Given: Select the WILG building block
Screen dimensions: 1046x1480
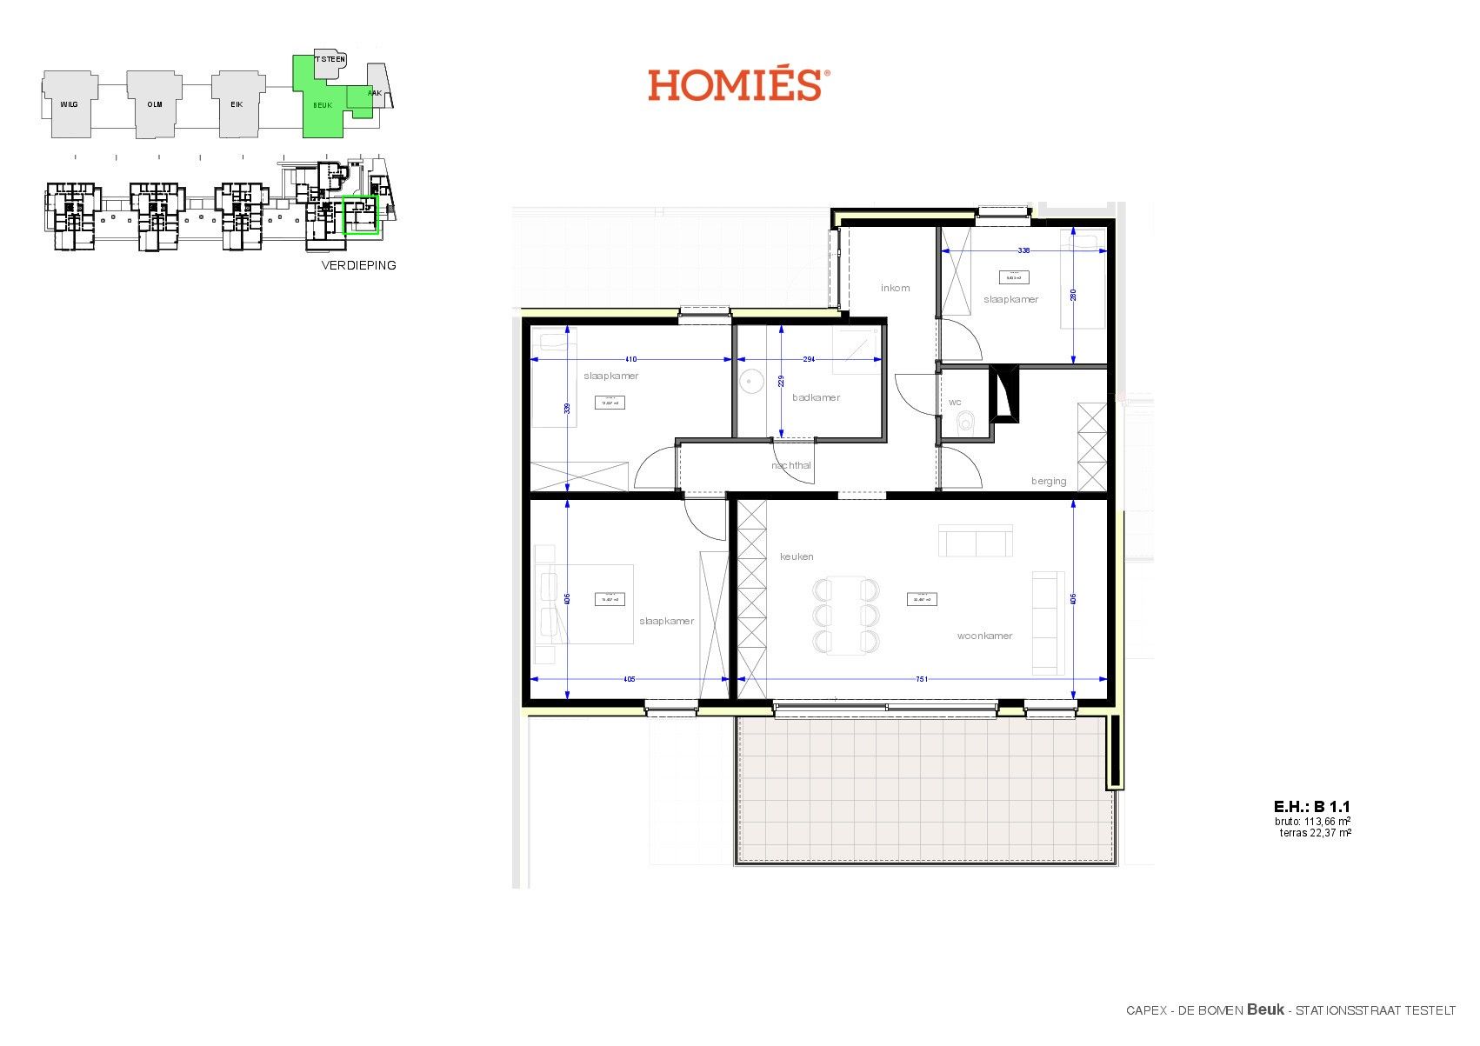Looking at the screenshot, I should [69, 104].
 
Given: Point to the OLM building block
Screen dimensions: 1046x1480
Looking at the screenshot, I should [155, 104].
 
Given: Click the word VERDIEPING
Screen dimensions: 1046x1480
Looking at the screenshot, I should [358, 265].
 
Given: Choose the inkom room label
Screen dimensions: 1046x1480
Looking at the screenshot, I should [895, 288].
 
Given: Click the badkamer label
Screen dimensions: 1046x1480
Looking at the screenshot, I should [816, 397].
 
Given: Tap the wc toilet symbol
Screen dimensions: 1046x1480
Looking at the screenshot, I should [964, 423].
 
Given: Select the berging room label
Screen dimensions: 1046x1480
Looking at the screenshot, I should [1049, 481].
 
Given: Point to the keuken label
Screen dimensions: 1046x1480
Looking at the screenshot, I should [797, 556].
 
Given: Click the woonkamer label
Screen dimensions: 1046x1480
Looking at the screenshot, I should [984, 636].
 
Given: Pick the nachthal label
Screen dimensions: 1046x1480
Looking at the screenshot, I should [791, 465].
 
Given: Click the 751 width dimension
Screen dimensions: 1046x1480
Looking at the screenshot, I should [922, 679].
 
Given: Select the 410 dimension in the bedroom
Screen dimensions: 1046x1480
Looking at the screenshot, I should [631, 358].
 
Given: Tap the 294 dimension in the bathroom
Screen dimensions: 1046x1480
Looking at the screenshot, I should [809, 358].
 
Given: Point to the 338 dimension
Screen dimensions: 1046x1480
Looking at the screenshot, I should [1023, 250].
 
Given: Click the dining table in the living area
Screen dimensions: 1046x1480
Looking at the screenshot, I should [845, 616].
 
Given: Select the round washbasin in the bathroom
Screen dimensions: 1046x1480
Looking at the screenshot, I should [750, 381].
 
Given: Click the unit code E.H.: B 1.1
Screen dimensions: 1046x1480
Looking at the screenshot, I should [1311, 807].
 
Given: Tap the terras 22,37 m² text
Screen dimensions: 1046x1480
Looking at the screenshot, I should [1315, 833].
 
